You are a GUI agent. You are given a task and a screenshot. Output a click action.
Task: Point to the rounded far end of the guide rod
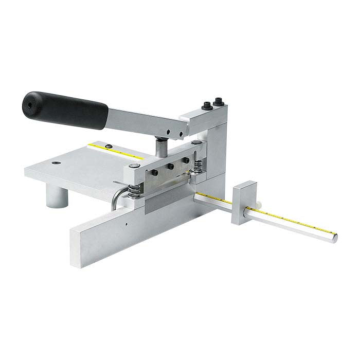(334, 238)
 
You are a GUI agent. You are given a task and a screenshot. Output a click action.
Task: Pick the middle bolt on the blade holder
(169, 167)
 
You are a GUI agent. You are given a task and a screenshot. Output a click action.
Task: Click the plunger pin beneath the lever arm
(160, 146)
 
